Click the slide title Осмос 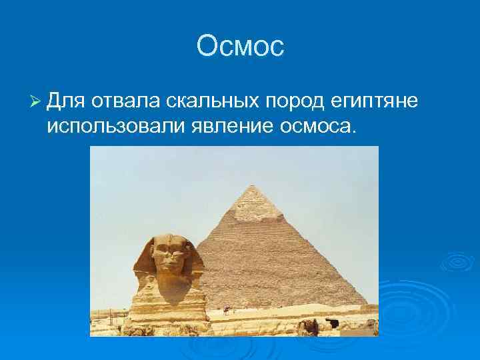coord(240,46)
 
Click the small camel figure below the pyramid coord(227,309)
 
